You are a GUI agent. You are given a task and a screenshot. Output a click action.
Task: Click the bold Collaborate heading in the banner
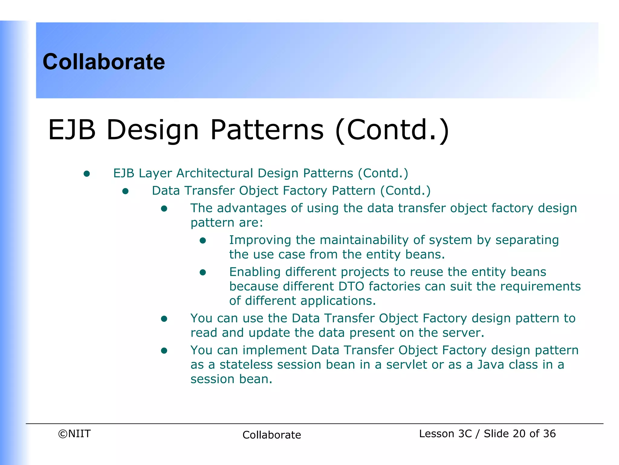tap(104, 62)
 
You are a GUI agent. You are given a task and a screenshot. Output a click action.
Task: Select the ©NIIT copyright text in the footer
tap(74, 434)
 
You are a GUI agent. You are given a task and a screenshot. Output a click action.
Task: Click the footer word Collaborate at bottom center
tap(271, 435)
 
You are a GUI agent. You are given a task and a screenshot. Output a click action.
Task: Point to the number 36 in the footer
tap(549, 434)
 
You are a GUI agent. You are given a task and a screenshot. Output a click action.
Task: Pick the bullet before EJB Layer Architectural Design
tap(87, 173)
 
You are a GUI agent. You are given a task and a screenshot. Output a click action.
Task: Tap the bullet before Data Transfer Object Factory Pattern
tap(125, 191)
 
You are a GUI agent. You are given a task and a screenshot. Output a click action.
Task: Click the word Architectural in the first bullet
tap(215, 173)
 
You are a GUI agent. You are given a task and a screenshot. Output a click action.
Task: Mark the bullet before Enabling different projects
tap(203, 272)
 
